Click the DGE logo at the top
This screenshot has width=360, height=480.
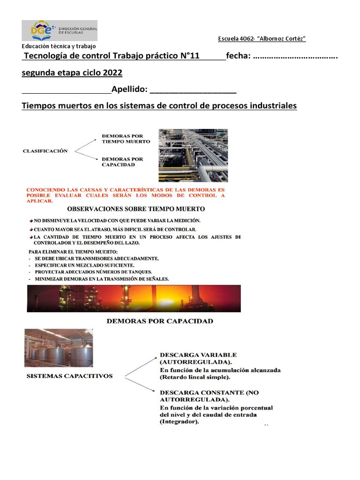pos(60,30)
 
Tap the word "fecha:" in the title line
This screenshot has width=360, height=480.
pos(239,56)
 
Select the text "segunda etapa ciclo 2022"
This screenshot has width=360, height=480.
pos(72,74)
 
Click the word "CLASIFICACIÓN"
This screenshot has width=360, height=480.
pos(45,151)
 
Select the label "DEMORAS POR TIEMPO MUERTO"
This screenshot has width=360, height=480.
pos(126,139)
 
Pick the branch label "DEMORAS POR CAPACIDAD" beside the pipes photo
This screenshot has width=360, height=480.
pos(122,162)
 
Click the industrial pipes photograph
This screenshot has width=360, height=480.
pos(193,155)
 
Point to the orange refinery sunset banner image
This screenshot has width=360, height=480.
pos(134,298)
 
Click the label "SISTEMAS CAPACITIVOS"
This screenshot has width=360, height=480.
pos(69,376)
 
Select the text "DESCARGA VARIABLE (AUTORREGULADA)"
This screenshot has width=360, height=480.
pos(198,358)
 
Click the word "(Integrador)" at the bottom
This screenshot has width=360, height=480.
pos(180,421)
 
